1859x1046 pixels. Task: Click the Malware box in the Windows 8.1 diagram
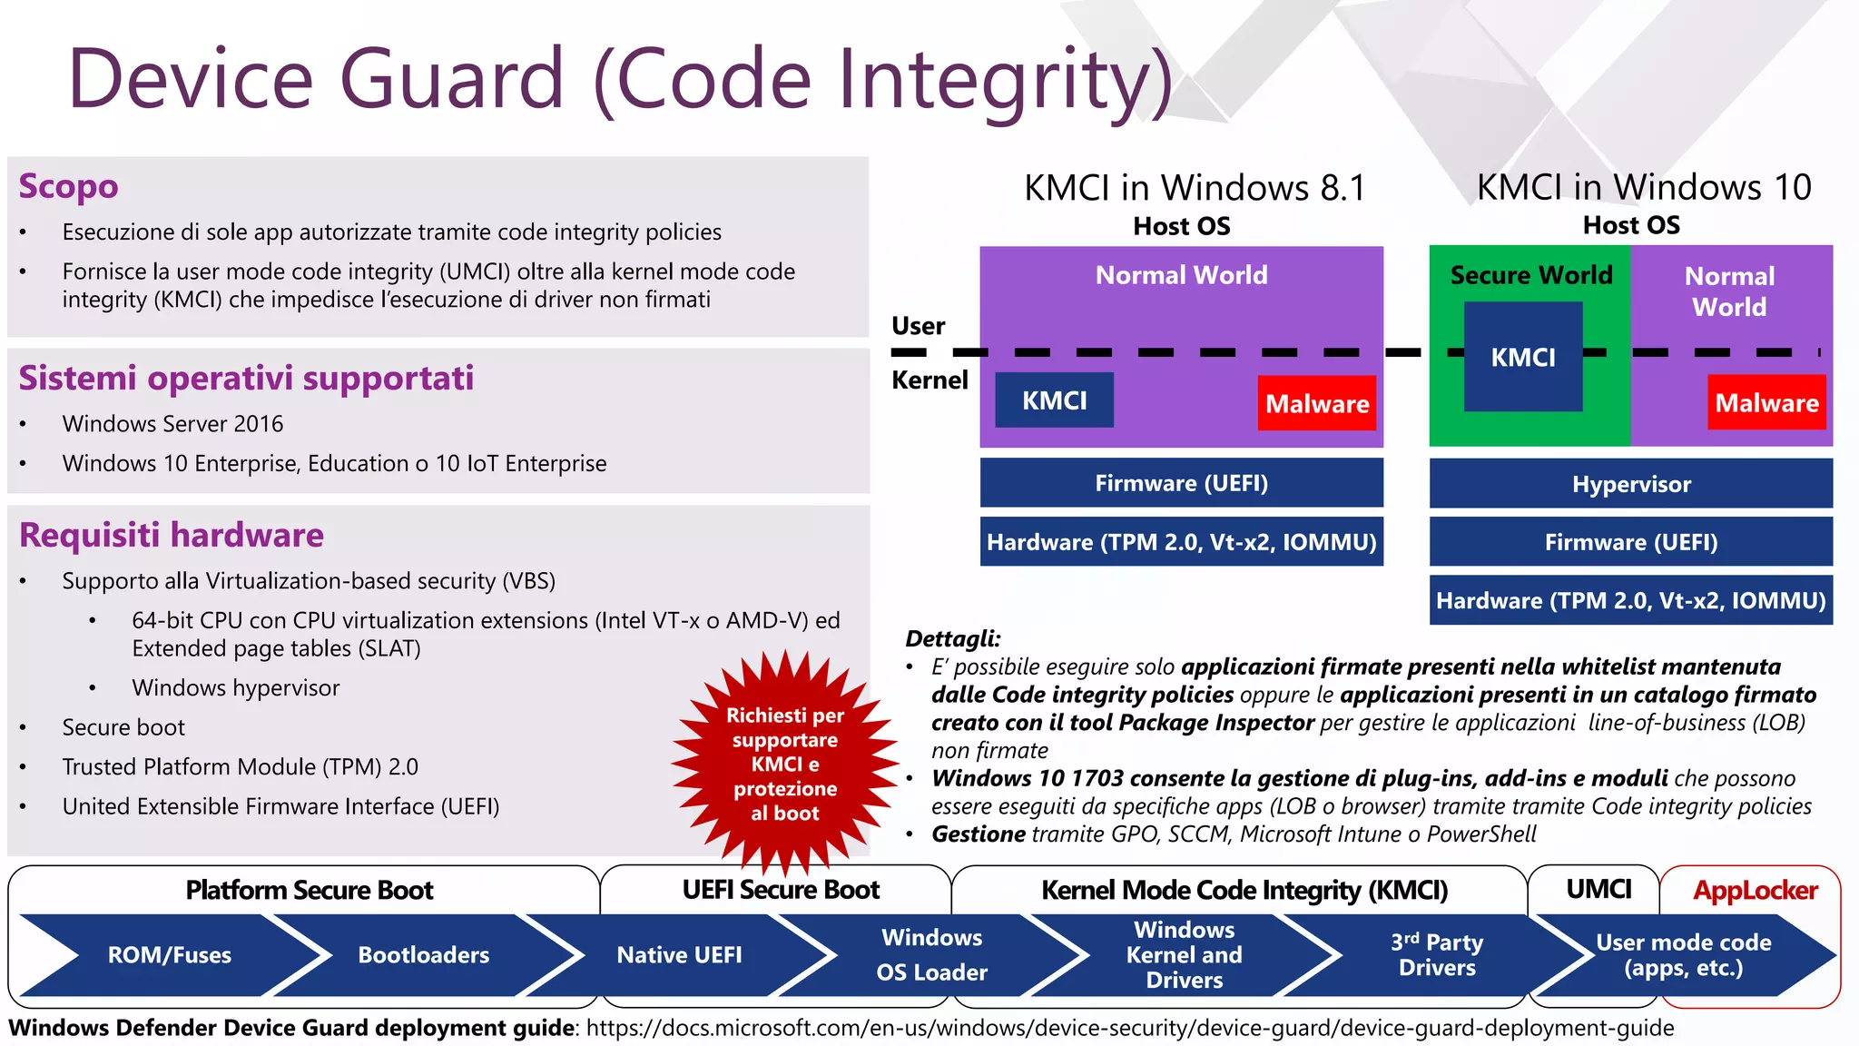click(1316, 403)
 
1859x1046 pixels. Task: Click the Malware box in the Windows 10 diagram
click(1766, 402)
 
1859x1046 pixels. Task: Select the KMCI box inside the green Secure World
click(1522, 357)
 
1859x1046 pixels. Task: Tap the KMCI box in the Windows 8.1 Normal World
click(1054, 400)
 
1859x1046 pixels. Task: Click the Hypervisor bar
click(1630, 484)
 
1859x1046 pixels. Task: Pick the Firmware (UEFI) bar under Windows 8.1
click(1181, 483)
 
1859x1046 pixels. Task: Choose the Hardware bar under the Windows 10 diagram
click(1630, 600)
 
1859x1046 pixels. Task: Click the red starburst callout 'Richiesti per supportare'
click(785, 764)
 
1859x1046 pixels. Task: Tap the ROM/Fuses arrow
click(170, 955)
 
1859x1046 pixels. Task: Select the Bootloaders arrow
click(423, 955)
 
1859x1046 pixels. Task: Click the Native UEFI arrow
click(679, 955)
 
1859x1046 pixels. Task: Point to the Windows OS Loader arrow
click(931, 955)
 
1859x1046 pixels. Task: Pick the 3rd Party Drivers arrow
click(1436, 955)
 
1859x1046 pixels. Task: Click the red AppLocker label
click(1755, 891)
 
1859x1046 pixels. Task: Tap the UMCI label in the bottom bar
click(1598, 890)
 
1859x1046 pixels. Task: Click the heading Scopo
click(69, 186)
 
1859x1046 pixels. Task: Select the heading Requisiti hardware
click(172, 536)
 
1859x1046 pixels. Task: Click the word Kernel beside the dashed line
click(929, 380)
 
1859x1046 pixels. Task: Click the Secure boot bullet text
click(123, 727)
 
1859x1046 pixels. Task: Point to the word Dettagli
click(952, 639)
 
